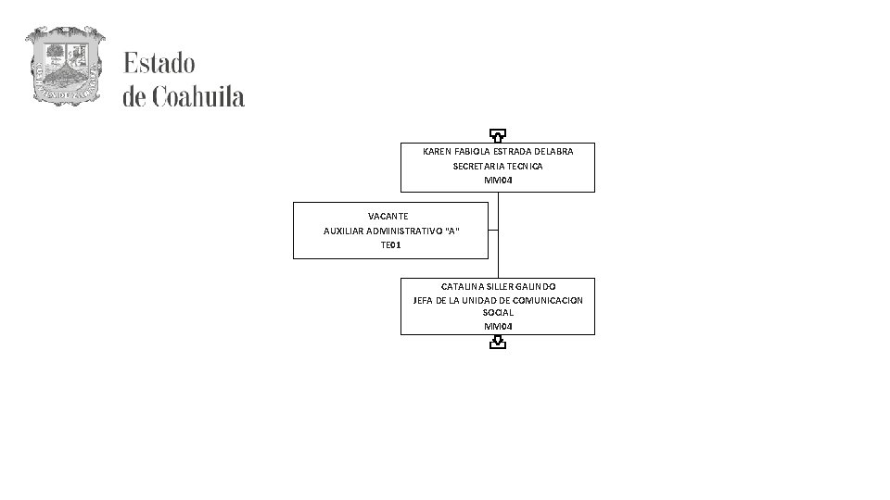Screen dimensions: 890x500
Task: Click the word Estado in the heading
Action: pyautogui.click(x=159, y=64)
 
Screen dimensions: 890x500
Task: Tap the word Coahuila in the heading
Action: pyautogui.click(x=198, y=96)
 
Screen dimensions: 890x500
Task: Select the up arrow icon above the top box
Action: pyautogui.click(x=498, y=135)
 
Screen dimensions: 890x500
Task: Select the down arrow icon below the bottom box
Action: pyautogui.click(x=498, y=344)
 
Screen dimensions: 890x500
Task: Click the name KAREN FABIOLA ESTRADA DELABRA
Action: pyautogui.click(x=498, y=151)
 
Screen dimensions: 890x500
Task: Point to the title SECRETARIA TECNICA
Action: pyautogui.click(x=498, y=166)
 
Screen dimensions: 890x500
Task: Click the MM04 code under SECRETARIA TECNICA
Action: pyautogui.click(x=498, y=180)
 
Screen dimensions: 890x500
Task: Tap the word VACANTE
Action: pyautogui.click(x=388, y=216)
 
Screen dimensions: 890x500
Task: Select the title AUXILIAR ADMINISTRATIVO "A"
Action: pyautogui.click(x=390, y=231)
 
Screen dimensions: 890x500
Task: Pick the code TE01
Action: pyautogui.click(x=390, y=245)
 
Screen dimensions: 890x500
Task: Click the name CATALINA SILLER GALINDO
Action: pyautogui.click(x=498, y=287)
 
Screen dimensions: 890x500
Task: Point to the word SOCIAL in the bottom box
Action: pyautogui.click(x=498, y=313)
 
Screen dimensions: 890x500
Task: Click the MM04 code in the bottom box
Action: pyautogui.click(x=498, y=327)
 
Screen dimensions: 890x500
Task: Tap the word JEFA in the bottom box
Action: pyautogui.click(x=424, y=300)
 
